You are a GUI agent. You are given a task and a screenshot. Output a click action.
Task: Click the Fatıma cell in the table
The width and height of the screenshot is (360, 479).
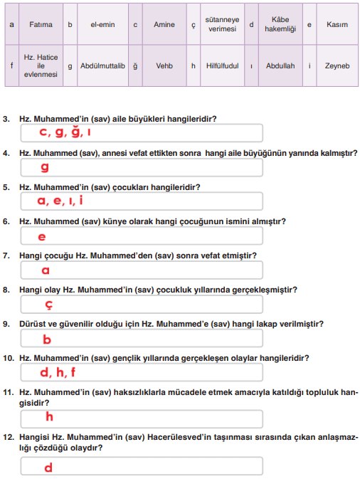(41, 24)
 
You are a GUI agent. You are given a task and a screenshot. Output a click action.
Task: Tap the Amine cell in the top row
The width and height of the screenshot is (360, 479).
(164, 24)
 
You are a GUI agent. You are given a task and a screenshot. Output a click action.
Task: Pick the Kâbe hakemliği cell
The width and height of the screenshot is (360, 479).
(280, 24)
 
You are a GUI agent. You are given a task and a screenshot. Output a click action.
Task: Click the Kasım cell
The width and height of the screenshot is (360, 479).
(337, 24)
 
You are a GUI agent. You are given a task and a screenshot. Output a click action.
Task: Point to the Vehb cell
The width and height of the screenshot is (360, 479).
(164, 66)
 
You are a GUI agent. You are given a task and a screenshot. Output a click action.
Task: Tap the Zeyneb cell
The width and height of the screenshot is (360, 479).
(337, 66)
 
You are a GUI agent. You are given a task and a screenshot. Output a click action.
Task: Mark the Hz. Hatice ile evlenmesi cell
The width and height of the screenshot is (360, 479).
(41, 66)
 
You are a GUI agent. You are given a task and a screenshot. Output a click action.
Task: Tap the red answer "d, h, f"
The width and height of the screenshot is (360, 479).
(58, 372)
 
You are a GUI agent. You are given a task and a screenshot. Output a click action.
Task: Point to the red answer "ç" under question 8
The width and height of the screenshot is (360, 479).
(48, 305)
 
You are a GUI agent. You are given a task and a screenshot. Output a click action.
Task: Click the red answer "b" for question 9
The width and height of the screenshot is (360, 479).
(47, 339)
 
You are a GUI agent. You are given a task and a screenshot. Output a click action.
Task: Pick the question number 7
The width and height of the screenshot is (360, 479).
(6, 256)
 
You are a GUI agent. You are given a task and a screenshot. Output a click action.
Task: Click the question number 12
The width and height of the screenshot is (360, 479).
(8, 437)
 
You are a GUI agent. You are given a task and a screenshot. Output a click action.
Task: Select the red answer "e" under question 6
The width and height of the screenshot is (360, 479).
(42, 237)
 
